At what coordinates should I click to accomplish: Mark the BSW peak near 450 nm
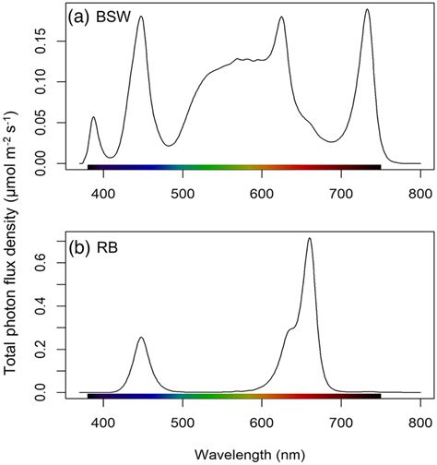click(140, 17)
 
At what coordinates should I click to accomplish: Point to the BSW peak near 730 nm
click(366, 10)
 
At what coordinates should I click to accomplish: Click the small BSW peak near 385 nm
click(93, 117)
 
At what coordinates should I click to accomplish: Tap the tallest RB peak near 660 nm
click(309, 238)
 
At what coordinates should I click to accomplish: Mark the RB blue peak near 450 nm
click(141, 338)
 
